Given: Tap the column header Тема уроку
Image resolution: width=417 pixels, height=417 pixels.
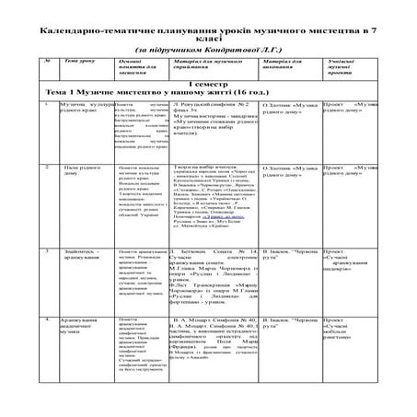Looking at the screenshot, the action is click(x=73, y=84).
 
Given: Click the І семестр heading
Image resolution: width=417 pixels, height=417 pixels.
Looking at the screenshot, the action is click(x=209, y=109).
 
